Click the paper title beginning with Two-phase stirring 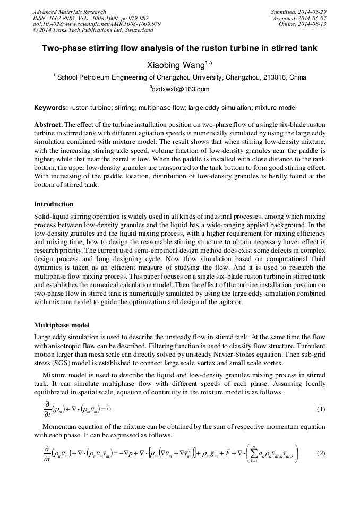click(179, 48)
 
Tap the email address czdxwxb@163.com click(181, 89)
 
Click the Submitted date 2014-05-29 click(313, 12)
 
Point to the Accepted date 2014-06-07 click(315, 18)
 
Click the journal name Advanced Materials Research click(69, 12)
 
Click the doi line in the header click(97, 24)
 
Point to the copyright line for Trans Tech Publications click(93, 31)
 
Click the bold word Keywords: click(51, 108)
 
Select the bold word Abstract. click(49, 124)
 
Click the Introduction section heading click(54, 204)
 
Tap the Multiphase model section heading click(62, 325)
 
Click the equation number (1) click(320, 409)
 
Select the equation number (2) click(320, 453)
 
